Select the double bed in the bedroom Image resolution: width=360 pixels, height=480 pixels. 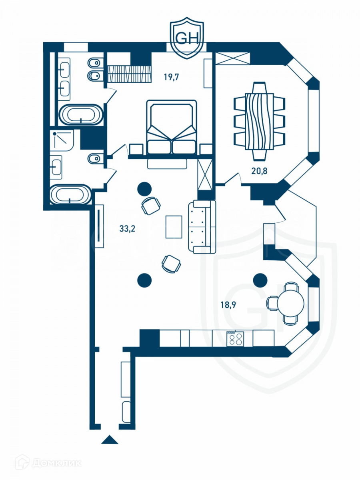click(x=172, y=127)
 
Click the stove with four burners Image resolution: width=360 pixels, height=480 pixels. click(x=235, y=339)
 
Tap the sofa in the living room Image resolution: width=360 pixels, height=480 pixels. click(x=202, y=227)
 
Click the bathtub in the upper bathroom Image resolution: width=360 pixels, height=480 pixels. click(x=81, y=115)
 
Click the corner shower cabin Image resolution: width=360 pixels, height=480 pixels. click(x=62, y=140)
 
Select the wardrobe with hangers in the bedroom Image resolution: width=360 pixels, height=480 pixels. click(x=129, y=74)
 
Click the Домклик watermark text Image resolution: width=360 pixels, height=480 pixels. click(x=56, y=463)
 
